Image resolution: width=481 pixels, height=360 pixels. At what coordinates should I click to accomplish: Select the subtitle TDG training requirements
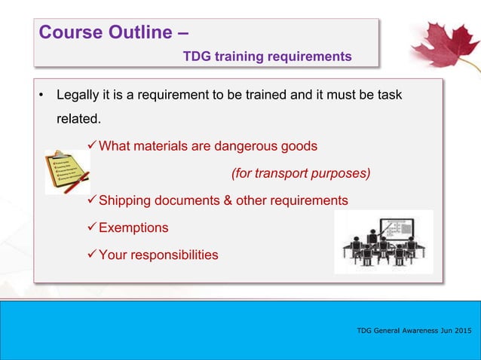tap(267, 56)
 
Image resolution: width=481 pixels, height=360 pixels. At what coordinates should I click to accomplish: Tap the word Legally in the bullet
tap(78, 96)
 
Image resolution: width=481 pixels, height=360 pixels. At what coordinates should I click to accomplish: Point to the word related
tap(78, 119)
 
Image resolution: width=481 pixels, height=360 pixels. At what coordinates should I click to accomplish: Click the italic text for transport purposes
tap(301, 173)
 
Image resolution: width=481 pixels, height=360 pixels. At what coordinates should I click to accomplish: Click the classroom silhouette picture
tap(383, 242)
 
